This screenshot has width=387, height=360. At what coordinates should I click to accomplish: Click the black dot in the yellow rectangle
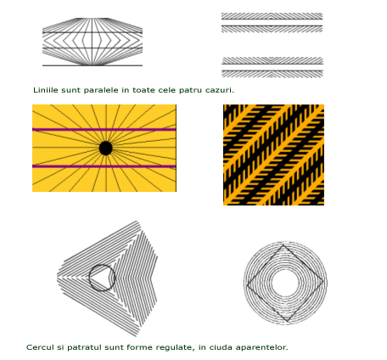[x=106, y=149]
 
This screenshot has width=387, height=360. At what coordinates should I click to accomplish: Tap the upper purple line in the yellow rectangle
[x=104, y=130]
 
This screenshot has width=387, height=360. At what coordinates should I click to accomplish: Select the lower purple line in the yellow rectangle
[x=104, y=166]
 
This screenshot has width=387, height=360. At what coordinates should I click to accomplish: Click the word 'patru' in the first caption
[x=191, y=91]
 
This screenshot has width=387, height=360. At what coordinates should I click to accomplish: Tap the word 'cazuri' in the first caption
[x=218, y=90]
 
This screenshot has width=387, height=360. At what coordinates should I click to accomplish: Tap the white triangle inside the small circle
[x=100, y=278]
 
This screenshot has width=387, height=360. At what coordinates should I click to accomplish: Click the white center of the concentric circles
[x=284, y=283]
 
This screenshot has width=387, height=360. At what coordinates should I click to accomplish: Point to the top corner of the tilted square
[x=283, y=245]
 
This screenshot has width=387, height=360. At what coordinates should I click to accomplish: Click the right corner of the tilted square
[x=324, y=281]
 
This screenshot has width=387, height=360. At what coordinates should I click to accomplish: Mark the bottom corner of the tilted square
[x=288, y=322]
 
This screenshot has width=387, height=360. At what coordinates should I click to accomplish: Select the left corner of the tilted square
[x=247, y=285]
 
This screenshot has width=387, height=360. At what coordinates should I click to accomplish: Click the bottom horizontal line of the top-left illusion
[x=93, y=65]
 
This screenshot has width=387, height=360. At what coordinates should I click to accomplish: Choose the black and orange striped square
[x=273, y=155]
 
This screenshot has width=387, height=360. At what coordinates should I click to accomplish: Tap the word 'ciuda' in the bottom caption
[x=220, y=347]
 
